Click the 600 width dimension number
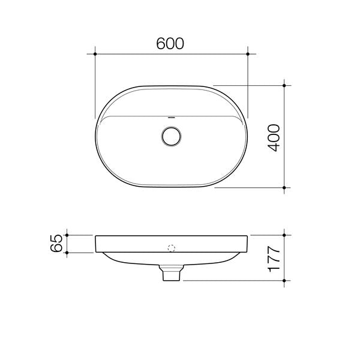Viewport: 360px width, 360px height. point(170,43)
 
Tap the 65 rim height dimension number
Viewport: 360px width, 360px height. point(57,244)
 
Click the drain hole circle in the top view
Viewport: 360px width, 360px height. point(172,136)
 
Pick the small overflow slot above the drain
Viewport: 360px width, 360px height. point(172,118)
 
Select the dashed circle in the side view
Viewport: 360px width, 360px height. point(172,247)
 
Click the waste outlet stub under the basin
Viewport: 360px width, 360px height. point(172,274)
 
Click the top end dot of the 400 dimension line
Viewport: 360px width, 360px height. point(284,85)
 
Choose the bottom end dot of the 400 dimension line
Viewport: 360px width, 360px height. point(284,188)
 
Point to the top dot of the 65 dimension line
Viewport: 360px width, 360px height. point(67,235)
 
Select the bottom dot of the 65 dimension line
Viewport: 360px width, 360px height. point(67,253)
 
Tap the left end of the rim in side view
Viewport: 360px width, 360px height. point(97,244)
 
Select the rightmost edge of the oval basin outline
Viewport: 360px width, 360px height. point(247,136)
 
